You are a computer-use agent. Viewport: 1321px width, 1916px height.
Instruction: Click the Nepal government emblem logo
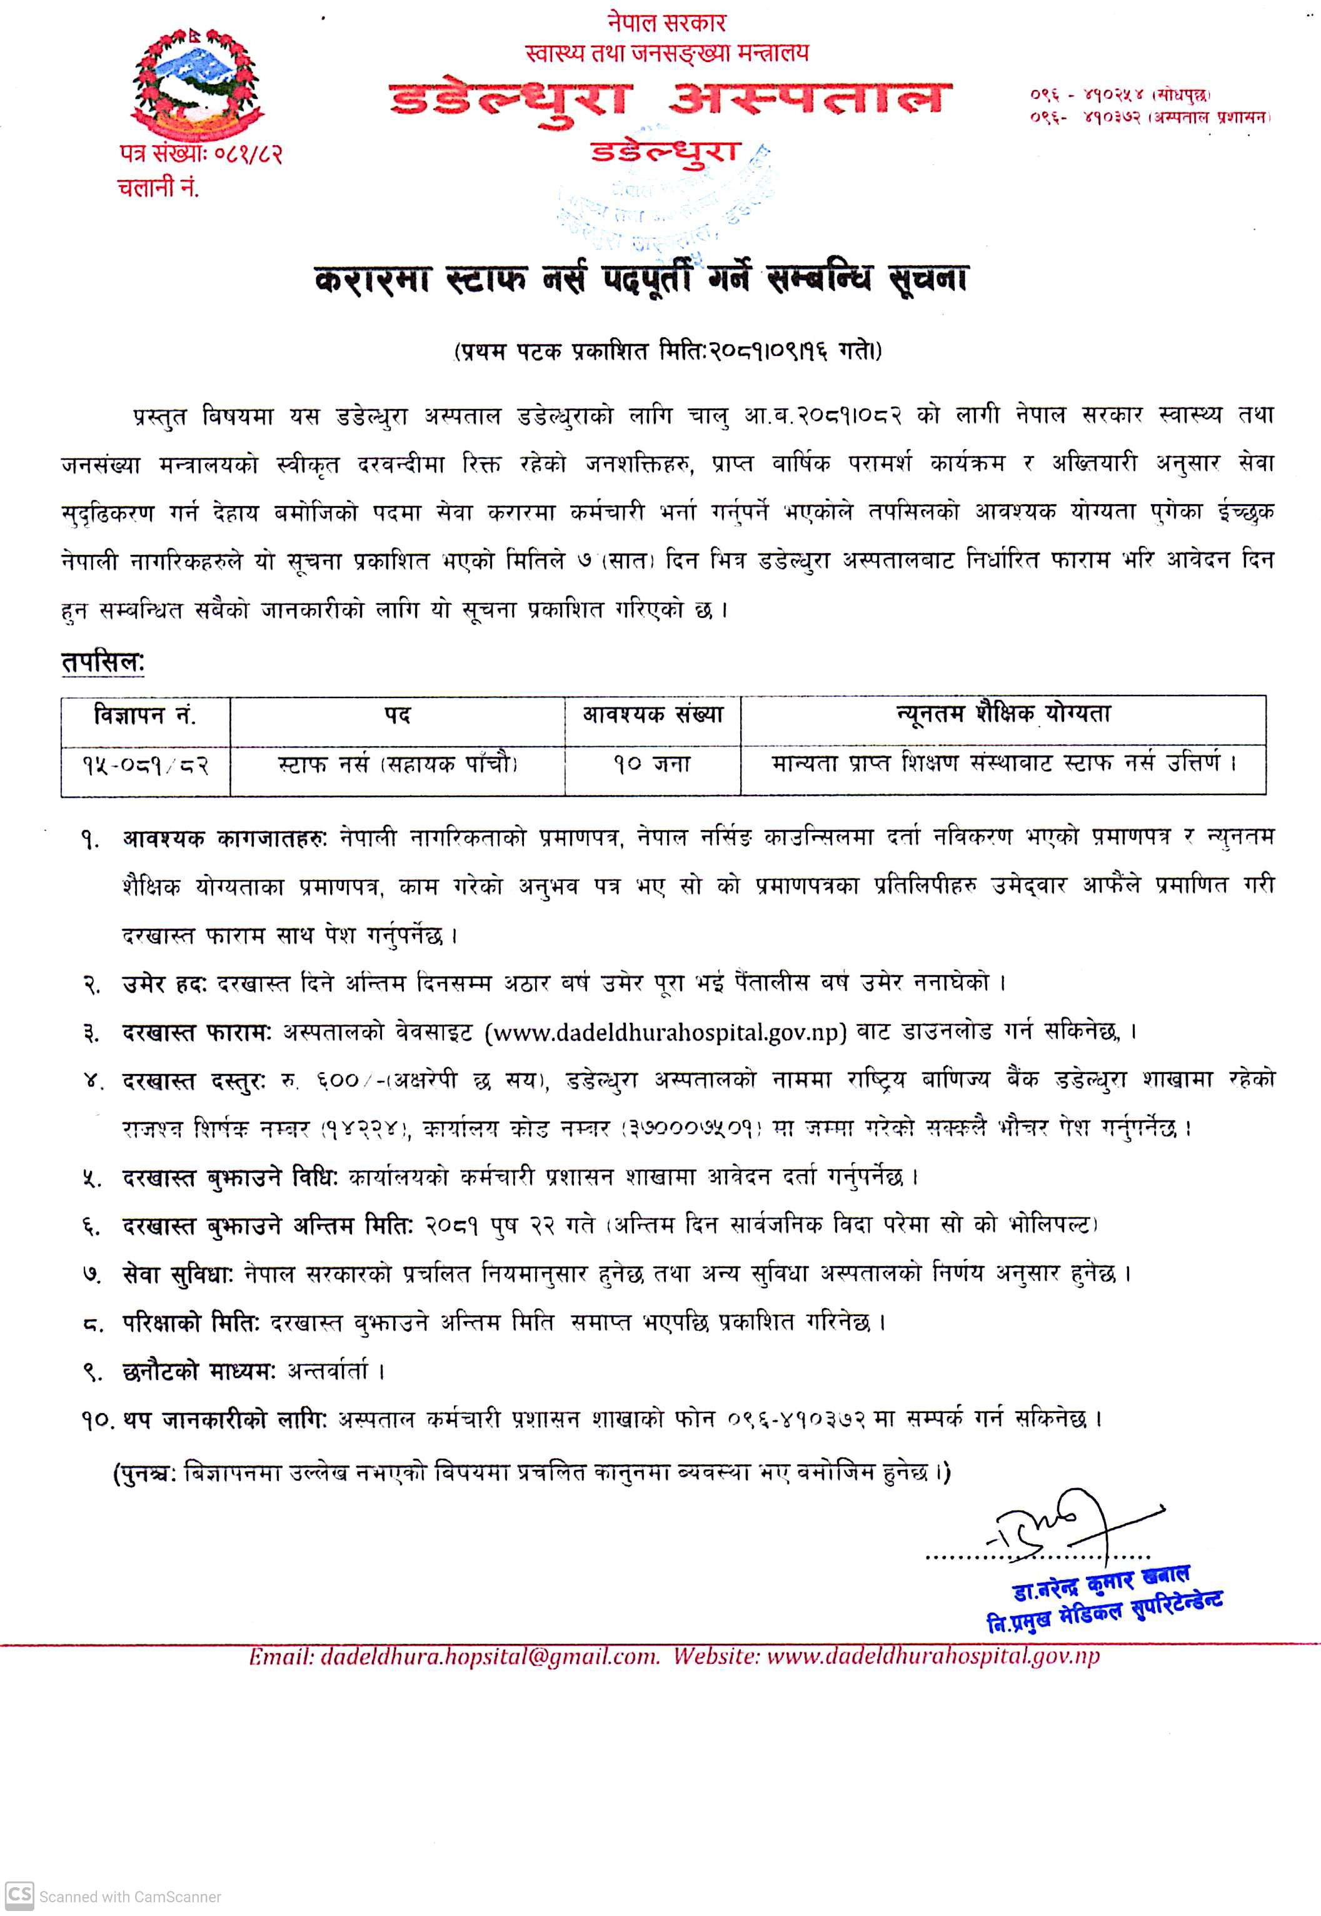tap(195, 82)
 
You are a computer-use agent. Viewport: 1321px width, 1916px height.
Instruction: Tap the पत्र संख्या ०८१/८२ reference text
tap(200, 154)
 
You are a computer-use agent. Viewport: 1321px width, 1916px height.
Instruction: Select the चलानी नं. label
tap(158, 189)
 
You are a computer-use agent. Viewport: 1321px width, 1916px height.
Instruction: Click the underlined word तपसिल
tap(103, 662)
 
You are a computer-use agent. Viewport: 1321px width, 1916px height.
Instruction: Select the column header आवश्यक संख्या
tap(652, 714)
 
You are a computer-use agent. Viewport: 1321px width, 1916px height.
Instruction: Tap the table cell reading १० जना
tap(652, 763)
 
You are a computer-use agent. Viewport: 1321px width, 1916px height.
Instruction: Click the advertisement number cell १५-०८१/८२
tap(145, 765)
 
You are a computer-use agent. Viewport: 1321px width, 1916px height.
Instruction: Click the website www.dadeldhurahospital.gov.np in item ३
tap(665, 1033)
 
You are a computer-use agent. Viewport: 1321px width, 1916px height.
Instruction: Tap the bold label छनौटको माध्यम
tap(199, 1371)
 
